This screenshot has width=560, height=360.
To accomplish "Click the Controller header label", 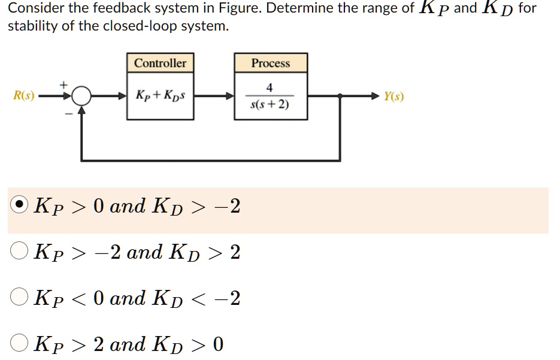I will click(160, 63).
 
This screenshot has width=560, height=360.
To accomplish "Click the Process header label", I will click(270, 63).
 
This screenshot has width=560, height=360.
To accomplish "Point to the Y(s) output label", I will click(393, 96).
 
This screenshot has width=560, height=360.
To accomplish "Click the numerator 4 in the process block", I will click(270, 87).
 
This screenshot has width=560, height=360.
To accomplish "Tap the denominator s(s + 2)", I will click(270, 105).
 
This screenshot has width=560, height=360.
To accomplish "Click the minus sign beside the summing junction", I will click(67, 112).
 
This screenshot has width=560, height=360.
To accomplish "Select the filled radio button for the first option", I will click(20, 205).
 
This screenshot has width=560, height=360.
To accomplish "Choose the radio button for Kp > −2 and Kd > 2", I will click(20, 252).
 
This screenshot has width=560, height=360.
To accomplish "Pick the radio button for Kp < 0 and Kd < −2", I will click(20, 298).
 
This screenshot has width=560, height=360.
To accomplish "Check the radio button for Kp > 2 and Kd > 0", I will click(20, 344).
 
